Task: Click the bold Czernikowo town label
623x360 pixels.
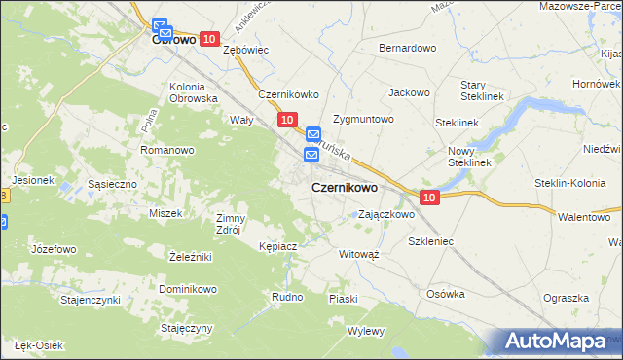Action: pos(345,187)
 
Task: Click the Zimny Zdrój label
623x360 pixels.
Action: pos(232,224)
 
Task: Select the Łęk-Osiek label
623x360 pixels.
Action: pos(38,345)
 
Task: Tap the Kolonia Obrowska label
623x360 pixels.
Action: pos(193,91)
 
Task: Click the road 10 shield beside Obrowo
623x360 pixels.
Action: pos(209,38)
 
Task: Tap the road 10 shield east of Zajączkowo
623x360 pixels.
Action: pos(431,198)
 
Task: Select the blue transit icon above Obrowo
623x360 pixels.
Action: pos(161,28)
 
